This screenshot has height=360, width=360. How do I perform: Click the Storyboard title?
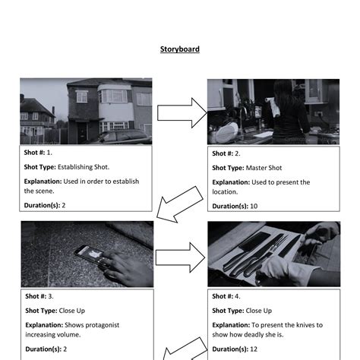[x=179, y=49]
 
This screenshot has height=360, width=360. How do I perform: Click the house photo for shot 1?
[x=86, y=111]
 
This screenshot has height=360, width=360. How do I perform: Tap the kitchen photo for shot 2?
[x=273, y=111]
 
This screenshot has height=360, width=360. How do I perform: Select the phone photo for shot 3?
[x=87, y=254]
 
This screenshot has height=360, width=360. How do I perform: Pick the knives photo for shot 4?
[x=274, y=254]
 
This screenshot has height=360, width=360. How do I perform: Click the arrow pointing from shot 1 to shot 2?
[x=182, y=114]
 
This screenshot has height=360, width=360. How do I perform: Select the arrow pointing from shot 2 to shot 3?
[x=181, y=204]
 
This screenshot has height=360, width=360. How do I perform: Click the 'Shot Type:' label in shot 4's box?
[x=228, y=311]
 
